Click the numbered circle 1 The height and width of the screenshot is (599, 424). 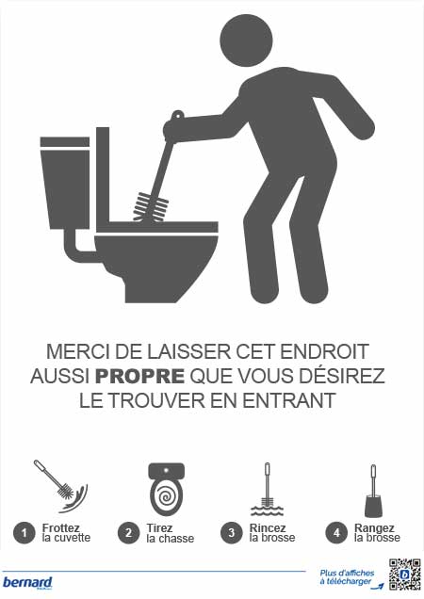[22, 532]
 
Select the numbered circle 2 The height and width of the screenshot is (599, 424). [126, 532]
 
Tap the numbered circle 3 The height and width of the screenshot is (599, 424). [230, 532]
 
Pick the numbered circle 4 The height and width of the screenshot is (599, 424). [334, 532]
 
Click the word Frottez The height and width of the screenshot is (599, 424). [61, 527]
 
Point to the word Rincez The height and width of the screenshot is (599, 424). [268, 527]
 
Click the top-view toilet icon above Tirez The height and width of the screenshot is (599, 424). [166, 489]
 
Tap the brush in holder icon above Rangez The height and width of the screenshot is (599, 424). [372, 492]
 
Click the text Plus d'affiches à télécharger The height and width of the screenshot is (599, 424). [346, 578]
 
